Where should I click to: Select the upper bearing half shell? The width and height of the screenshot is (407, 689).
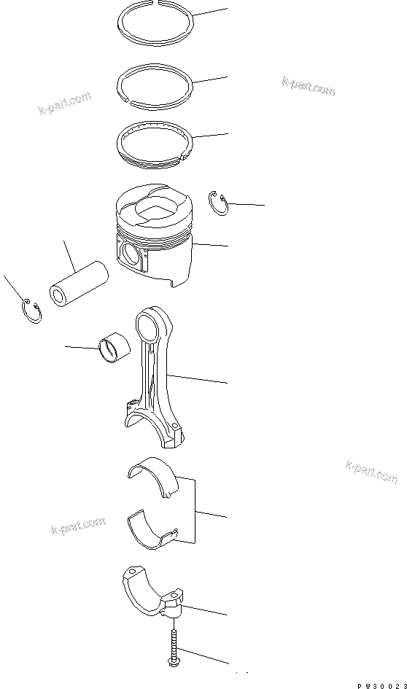pyautogui.click(x=152, y=476)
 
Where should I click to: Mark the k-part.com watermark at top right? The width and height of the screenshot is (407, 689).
pyautogui.click(x=308, y=86)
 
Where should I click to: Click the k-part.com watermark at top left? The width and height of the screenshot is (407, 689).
pyautogui.click(x=65, y=104)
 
